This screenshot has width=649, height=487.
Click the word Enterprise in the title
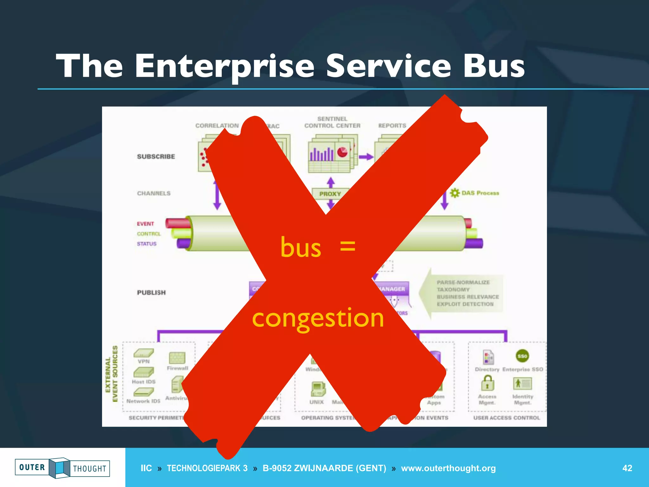224,66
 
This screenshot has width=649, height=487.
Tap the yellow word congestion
318,318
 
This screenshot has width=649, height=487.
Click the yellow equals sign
347,246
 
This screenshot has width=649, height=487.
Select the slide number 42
627,468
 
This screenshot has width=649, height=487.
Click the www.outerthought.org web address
448,468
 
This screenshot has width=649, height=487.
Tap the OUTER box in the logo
32,467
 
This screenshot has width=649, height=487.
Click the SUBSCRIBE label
156,157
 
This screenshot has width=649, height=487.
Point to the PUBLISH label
151,292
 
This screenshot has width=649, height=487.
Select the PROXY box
330,194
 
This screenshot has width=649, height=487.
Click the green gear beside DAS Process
455,193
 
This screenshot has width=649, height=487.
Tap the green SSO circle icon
522,356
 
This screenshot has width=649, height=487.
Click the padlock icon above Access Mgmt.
487,383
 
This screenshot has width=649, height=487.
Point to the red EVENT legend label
145,224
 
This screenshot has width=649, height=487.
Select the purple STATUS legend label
146,244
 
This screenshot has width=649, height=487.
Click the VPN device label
144,361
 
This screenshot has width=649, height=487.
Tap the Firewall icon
177,358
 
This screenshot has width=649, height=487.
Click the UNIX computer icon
318,389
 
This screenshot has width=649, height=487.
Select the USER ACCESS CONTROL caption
506,418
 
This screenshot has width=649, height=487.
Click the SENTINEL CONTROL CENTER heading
332,122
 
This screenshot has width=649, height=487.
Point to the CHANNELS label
154,193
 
